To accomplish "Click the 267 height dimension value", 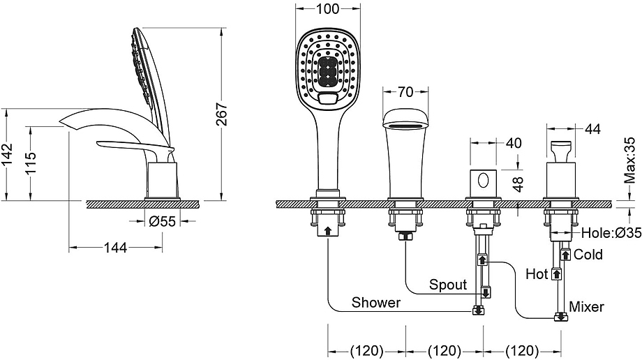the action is pos(221,114).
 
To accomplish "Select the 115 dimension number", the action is pos(31,163).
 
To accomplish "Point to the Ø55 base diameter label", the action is pos(163,222).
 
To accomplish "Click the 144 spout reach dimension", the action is pos(115,248).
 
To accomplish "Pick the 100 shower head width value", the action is pos(328,8).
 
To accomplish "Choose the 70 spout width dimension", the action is pos(405,92).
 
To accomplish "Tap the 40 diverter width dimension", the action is pos(514,143).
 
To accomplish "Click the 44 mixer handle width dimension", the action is pos(592,129).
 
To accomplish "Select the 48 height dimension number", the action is pos(518,184).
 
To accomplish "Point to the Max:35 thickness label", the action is pos(630,160).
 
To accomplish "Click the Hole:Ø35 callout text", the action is pos(611,233).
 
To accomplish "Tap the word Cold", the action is pos(588,255).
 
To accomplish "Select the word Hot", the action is pos(537,273).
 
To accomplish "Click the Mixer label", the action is pos(586,306).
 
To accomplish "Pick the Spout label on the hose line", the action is pos(448,284).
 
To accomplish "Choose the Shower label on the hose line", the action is pos(376,302).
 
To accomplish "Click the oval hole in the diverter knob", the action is pos(484,180).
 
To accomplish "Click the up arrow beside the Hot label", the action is pos(556,273).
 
